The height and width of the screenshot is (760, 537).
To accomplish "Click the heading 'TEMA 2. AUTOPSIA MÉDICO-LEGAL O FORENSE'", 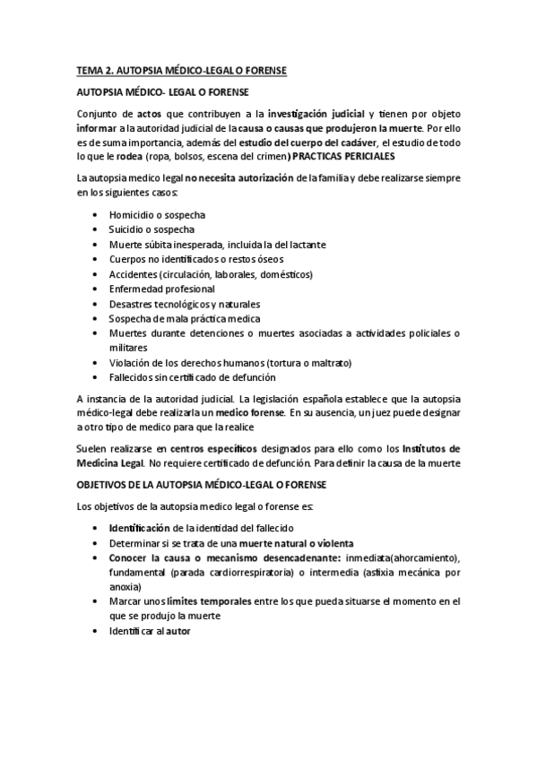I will pos(193,68).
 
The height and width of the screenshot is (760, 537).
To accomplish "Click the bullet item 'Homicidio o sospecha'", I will pos(157,216).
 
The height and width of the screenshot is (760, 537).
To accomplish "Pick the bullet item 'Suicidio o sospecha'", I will pos(152,230).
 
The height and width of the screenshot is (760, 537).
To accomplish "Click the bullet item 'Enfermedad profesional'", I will pos(162,289).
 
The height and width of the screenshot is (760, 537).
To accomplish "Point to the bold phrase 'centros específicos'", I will pos(217,448).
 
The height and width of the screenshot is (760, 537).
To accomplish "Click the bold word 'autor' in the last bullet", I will pos(178,630).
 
